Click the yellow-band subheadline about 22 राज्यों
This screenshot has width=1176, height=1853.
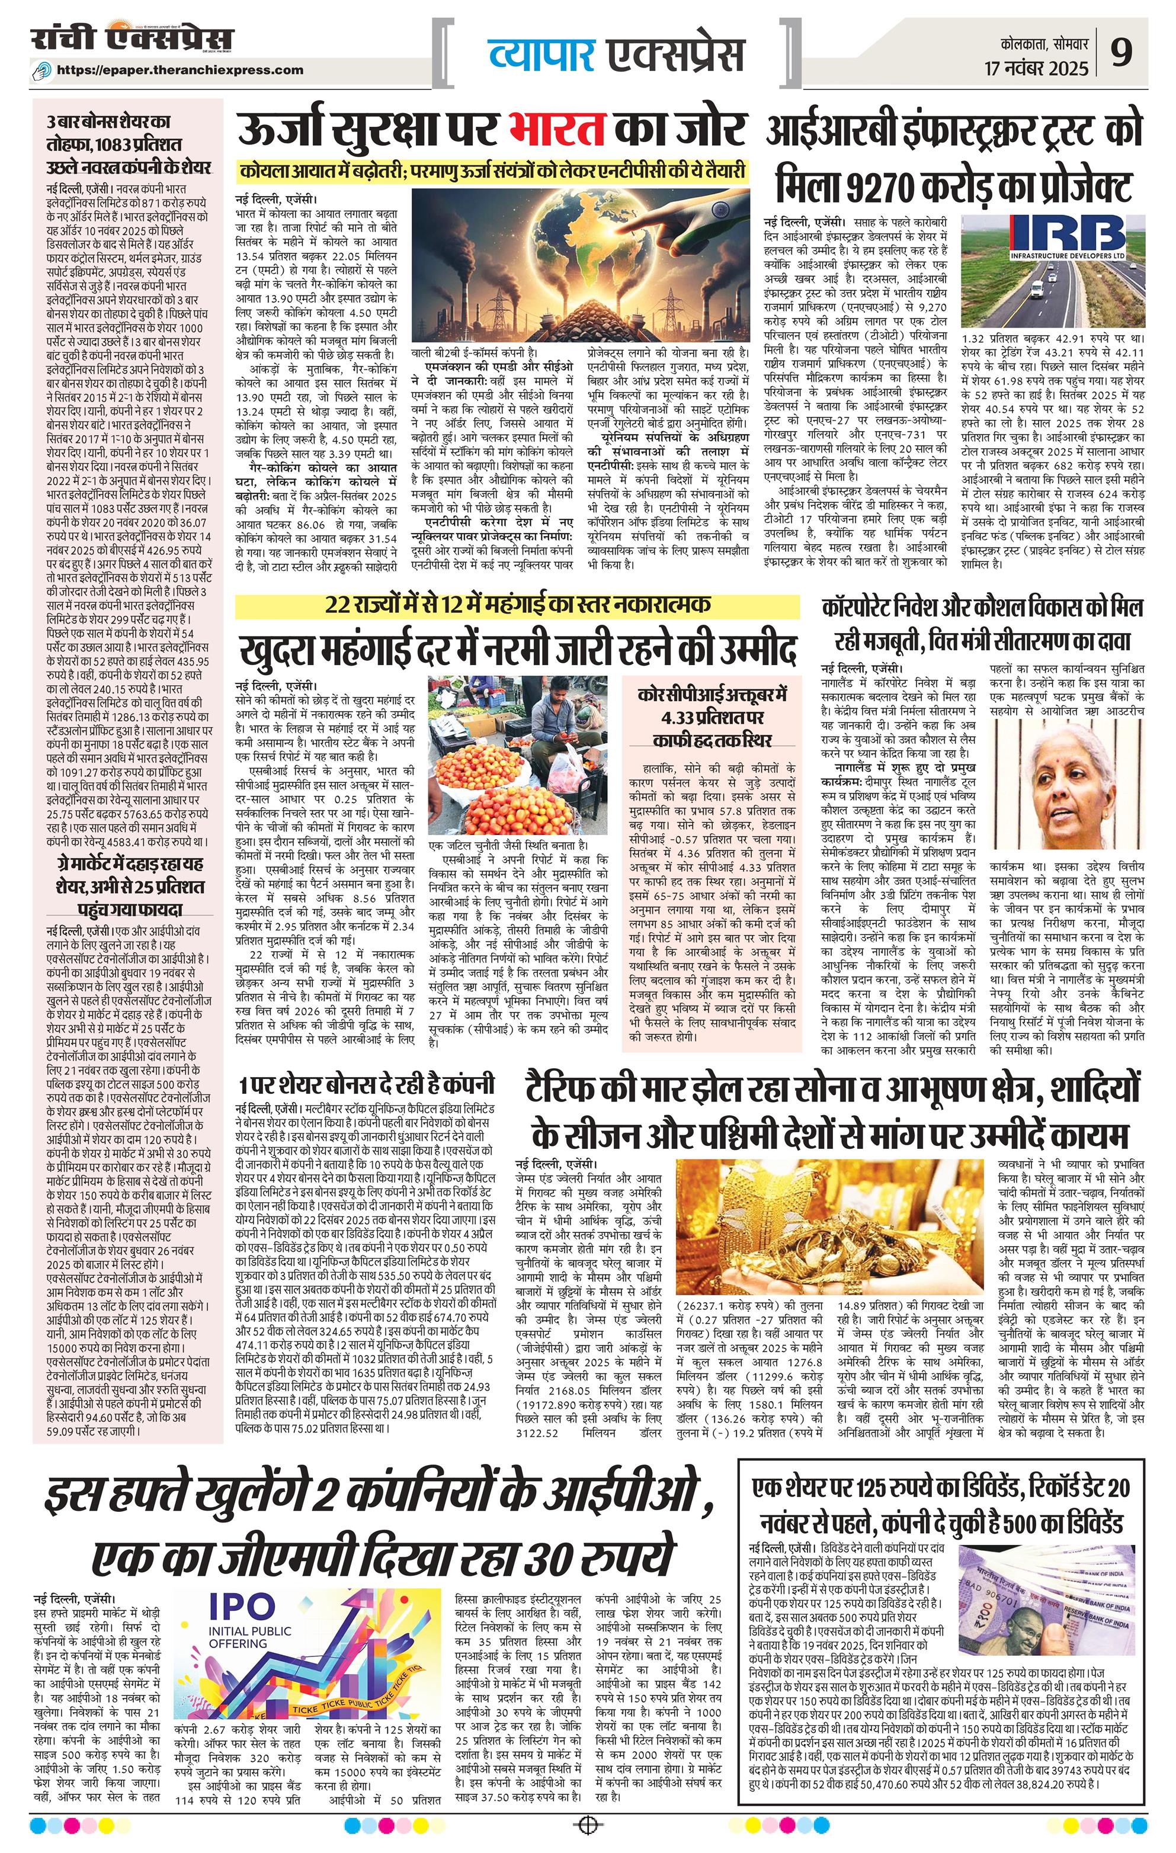point(518,604)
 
